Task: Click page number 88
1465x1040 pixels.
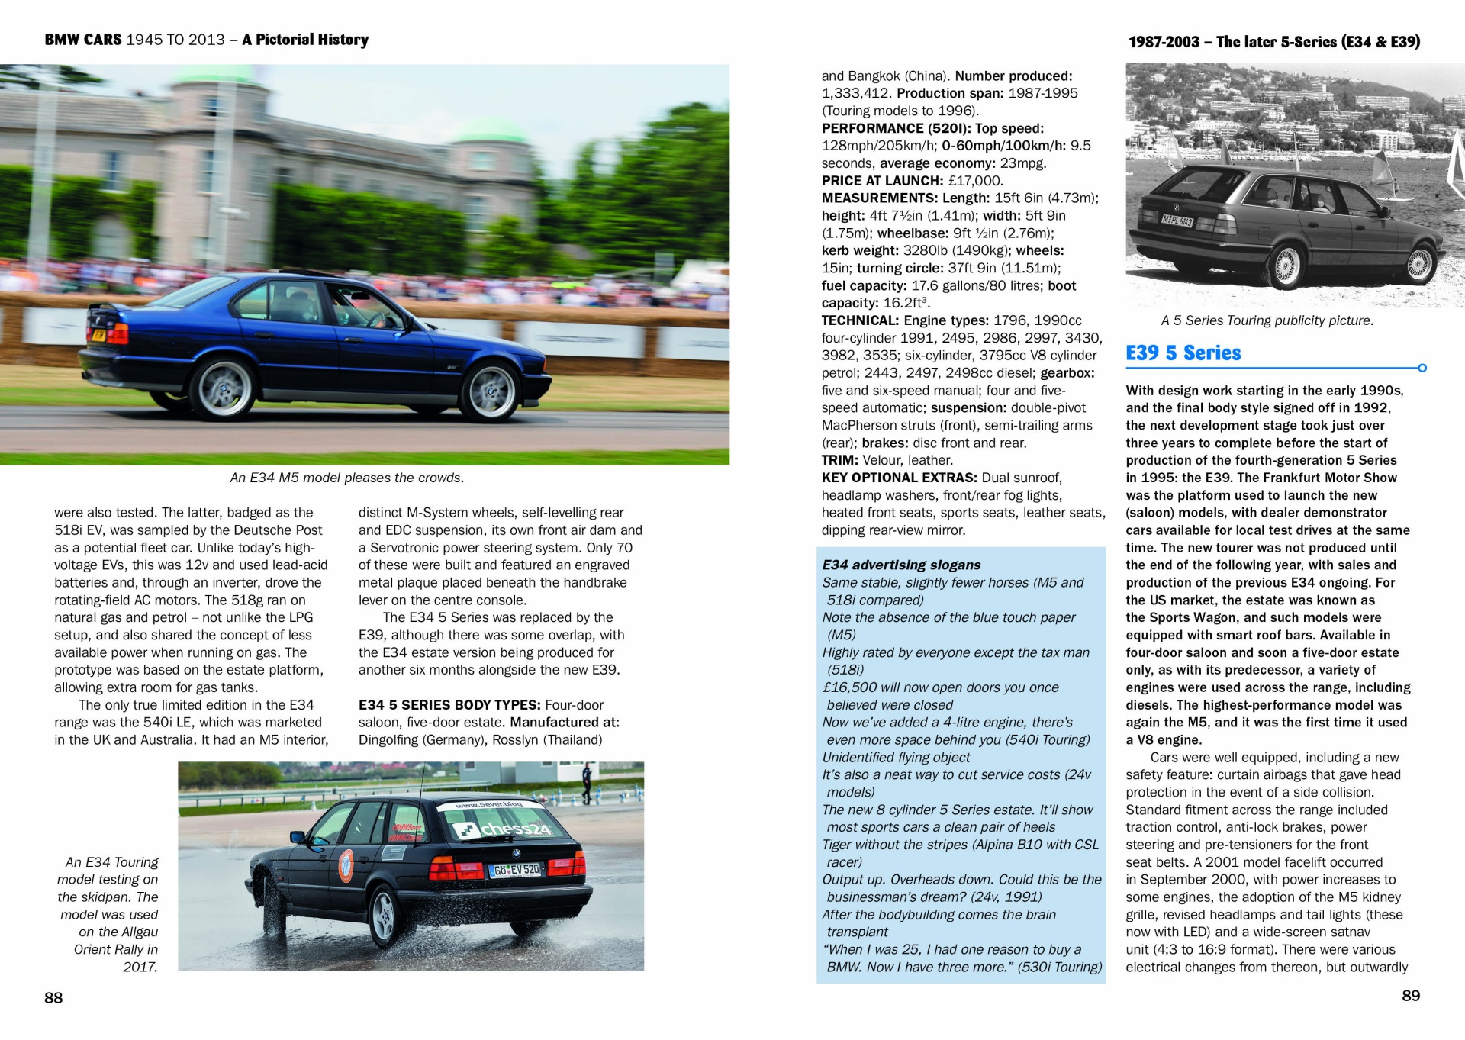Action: (x=53, y=997)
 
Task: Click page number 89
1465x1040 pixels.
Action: (x=1411, y=995)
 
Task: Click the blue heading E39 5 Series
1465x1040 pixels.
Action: (x=1183, y=353)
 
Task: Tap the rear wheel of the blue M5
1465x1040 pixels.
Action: (x=224, y=388)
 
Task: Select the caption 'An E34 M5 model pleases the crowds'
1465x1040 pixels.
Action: (x=347, y=478)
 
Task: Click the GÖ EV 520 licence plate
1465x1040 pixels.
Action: (x=516, y=870)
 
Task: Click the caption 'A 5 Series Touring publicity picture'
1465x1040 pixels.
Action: (x=1267, y=320)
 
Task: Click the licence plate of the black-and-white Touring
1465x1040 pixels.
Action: (x=1177, y=221)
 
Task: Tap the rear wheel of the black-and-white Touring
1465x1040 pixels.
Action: (x=1287, y=264)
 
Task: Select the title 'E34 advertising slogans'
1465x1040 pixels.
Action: (x=901, y=565)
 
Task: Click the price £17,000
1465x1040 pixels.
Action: (x=975, y=181)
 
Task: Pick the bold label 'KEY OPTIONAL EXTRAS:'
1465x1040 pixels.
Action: (x=899, y=478)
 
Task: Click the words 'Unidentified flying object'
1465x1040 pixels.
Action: (x=896, y=757)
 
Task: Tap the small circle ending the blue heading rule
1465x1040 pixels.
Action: (x=1422, y=368)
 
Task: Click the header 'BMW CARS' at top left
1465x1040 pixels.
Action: (x=82, y=40)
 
